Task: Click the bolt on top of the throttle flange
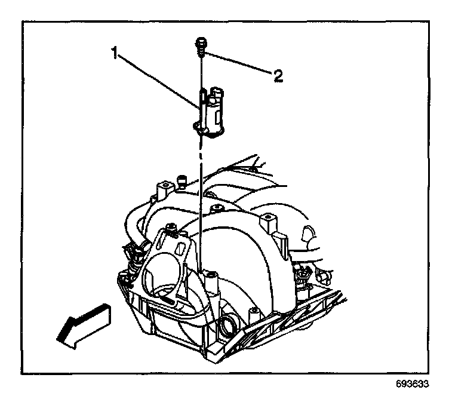point(171,229)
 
